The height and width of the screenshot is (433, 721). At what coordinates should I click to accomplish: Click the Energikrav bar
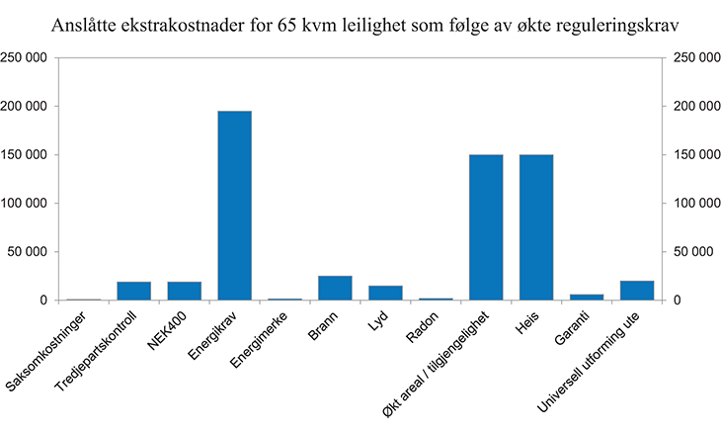(234, 206)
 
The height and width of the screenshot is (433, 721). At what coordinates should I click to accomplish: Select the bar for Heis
(536, 227)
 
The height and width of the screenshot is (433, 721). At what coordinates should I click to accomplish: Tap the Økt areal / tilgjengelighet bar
(486, 227)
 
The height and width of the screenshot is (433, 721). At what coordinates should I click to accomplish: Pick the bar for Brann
(335, 288)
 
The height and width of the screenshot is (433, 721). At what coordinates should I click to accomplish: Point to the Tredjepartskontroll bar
(134, 291)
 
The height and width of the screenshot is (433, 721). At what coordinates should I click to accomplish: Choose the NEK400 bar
(184, 291)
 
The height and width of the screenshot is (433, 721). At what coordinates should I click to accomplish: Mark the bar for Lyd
(385, 293)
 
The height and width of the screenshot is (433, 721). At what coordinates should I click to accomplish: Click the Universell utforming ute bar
(637, 291)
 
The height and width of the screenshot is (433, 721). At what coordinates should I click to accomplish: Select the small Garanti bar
(587, 297)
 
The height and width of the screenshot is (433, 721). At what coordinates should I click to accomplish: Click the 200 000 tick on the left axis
(25, 106)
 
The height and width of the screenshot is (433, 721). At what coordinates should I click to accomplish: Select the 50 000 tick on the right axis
(690, 252)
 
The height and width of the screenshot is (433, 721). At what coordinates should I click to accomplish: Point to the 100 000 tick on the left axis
(25, 204)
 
